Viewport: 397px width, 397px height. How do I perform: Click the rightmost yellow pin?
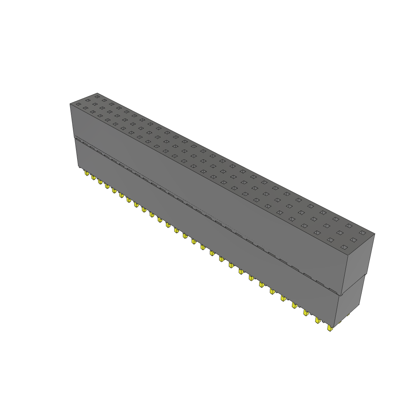pyautogui.click(x=330, y=328)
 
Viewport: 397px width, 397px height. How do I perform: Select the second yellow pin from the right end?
pyautogui.click(x=318, y=320)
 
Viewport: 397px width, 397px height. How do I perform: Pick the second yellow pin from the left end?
pyautogui.click(x=93, y=178)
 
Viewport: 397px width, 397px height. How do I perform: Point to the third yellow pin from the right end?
pyautogui.click(x=306, y=312)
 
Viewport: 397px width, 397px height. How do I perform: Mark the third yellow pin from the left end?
pyautogui.click(x=100, y=182)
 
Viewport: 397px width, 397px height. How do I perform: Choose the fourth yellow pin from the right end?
pyautogui.click(x=294, y=305)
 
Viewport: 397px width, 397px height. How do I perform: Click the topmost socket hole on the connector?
pyautogui.click(x=97, y=96)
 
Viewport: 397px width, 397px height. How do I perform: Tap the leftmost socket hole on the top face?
pyautogui.click(x=78, y=104)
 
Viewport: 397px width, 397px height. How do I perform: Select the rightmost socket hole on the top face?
pyautogui.click(x=362, y=233)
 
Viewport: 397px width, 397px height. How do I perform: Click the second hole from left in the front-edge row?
pyautogui.click(x=85, y=108)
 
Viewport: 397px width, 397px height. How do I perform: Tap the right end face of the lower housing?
pyautogui.click(x=351, y=302)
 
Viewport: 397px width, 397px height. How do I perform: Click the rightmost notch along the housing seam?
pyautogui.click(x=333, y=290)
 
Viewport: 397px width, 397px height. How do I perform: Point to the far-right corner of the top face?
pyautogui.click(x=375, y=234)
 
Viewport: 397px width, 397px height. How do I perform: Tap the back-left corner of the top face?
pyautogui.click(x=97, y=93)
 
